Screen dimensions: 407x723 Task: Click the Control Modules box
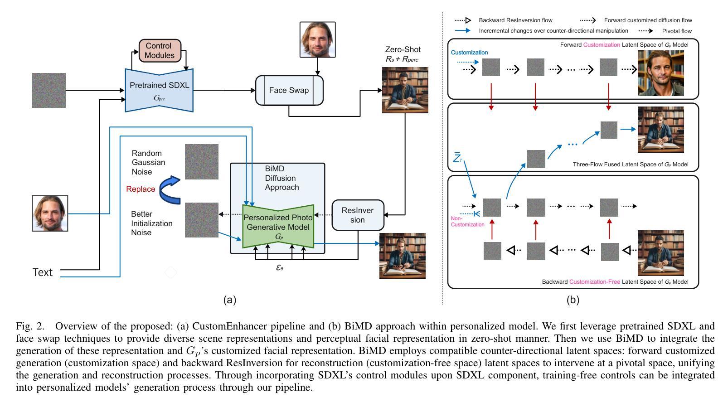tap(160, 51)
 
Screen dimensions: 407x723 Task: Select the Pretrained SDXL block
tap(159, 90)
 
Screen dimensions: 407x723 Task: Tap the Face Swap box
tap(289, 90)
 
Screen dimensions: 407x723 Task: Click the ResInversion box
tap(358, 215)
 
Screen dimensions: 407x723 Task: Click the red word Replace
tap(141, 189)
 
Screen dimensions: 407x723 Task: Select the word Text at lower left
tap(42, 272)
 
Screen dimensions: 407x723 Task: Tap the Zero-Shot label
tap(403, 49)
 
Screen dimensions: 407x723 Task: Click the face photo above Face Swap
tap(317, 39)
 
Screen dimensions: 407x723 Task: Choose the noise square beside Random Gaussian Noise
tap(202, 162)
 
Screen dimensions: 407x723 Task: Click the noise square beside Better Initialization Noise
tap(202, 220)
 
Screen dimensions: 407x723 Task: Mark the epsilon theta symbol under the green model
tap(280, 267)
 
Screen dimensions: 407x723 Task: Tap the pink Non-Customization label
tap(467, 222)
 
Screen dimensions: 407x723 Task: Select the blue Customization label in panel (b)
tap(469, 53)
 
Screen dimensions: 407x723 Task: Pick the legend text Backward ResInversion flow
tap(515, 20)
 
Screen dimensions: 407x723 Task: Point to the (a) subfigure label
tap(230, 300)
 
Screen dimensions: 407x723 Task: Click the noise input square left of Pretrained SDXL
tap(49, 90)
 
